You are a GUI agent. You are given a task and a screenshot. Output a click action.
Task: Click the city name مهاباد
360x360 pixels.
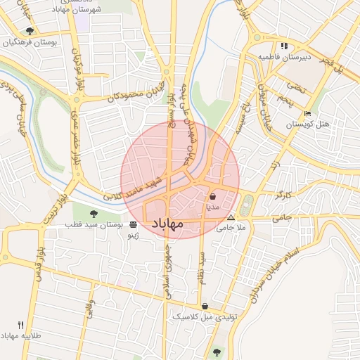tap(167, 223)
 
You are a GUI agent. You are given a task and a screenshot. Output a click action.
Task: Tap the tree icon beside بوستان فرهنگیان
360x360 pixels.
tap(30, 32)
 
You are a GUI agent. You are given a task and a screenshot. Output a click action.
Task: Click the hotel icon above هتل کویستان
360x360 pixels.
tap(307, 114)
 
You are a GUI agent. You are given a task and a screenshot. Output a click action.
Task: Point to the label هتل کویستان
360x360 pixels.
tap(308, 124)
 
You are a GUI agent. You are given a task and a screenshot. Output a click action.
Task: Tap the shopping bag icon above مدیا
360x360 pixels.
tap(212, 198)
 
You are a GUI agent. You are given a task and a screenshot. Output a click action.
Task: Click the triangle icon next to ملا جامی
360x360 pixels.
tap(231, 227)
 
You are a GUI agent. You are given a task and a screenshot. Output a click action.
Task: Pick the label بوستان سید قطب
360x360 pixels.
tap(96, 225)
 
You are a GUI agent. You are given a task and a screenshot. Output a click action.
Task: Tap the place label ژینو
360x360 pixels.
tap(132, 236)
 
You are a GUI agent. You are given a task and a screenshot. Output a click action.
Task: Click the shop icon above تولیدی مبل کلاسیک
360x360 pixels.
tap(205, 306)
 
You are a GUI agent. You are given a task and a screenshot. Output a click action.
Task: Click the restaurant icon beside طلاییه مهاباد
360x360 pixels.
tap(20, 325)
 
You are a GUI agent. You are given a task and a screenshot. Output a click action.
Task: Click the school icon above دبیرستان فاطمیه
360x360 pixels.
tap(283, 46)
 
